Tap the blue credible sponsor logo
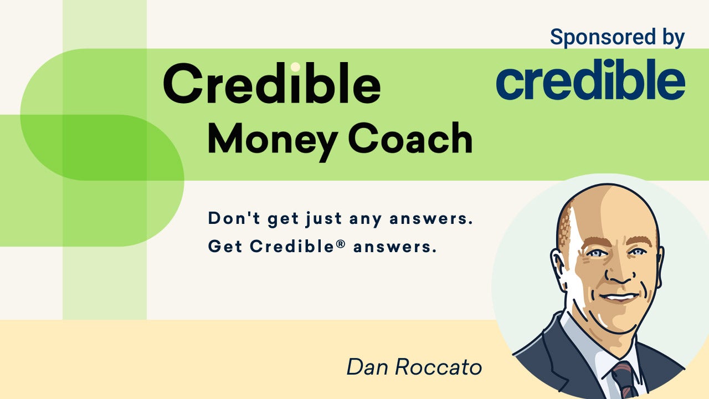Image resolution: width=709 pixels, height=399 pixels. [x=590, y=79]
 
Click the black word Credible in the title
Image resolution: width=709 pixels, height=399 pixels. [x=272, y=83]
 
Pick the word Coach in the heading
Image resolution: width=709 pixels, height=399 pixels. [x=410, y=138]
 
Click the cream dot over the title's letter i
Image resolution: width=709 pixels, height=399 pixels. [x=295, y=67]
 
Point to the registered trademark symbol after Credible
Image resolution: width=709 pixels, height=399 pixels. [x=340, y=244]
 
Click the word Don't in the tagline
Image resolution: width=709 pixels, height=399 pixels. [x=234, y=218]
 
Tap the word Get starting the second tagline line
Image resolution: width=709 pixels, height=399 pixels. [x=225, y=246]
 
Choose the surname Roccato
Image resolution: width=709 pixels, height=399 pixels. [x=439, y=367]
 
